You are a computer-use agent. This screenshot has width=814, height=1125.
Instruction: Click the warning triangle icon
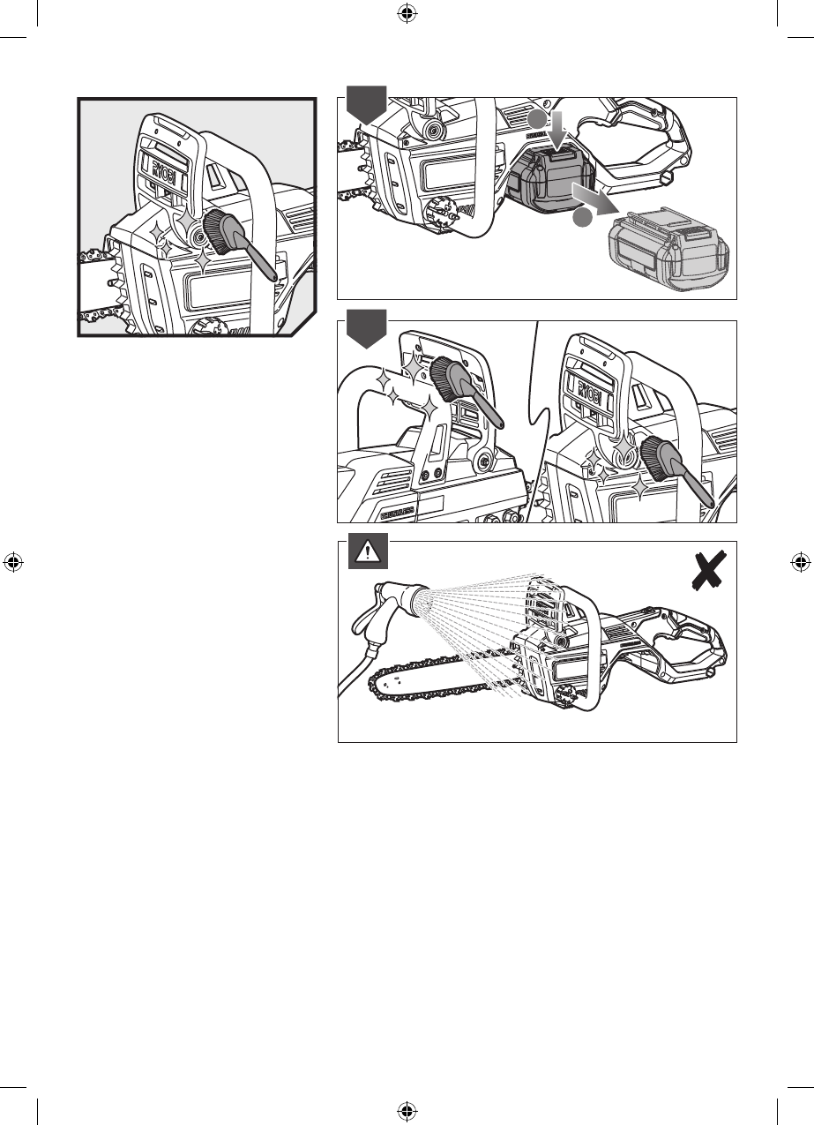click(x=364, y=552)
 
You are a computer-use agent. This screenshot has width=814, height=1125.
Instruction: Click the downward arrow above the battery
click(x=557, y=128)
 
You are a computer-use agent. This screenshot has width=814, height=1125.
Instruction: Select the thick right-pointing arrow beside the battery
click(x=593, y=196)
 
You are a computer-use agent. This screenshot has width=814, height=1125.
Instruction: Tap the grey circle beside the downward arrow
click(x=534, y=121)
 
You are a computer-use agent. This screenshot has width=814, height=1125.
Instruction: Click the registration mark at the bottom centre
click(x=407, y=1111)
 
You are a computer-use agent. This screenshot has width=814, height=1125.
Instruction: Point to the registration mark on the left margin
click(x=12, y=562)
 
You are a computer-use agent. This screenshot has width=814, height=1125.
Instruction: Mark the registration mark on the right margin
click(x=801, y=562)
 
